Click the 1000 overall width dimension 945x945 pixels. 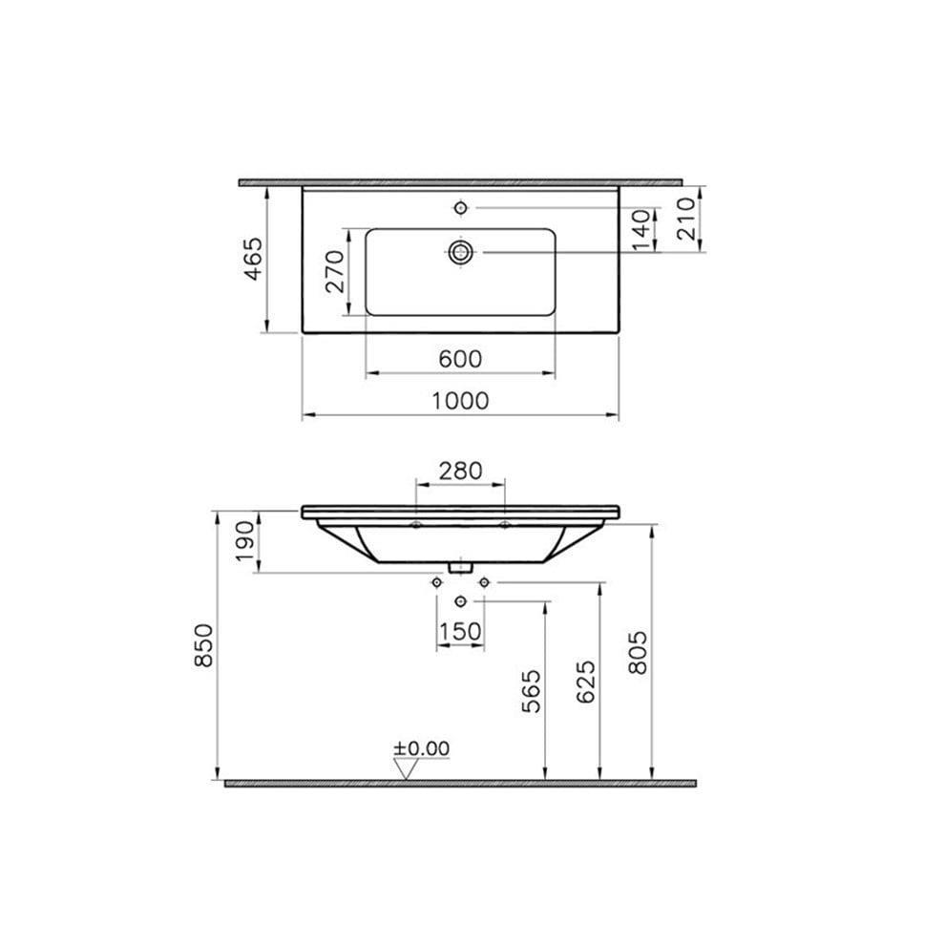[x=459, y=401]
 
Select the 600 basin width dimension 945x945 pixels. [x=459, y=359]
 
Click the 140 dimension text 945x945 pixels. [x=641, y=229]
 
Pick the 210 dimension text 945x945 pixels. [x=683, y=220]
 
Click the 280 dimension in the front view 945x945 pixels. [x=459, y=471]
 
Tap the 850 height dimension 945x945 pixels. [x=203, y=645]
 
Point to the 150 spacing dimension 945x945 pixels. [x=459, y=631]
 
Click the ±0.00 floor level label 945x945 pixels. [x=422, y=748]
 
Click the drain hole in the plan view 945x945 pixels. [x=461, y=251]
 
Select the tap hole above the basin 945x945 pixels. [x=461, y=207]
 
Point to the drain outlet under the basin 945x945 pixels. [x=462, y=566]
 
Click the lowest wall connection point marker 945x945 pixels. [x=462, y=600]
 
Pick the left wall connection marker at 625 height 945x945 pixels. [x=436, y=581]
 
